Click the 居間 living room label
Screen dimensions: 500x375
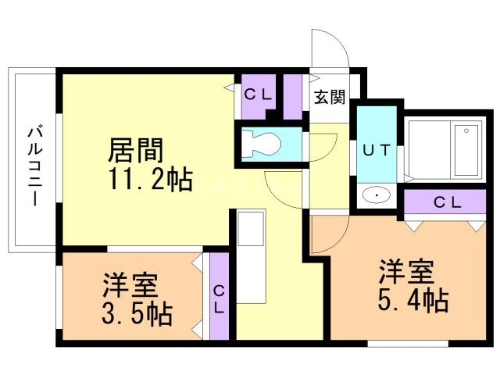[x=135, y=150]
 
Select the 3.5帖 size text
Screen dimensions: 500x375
[x=137, y=313]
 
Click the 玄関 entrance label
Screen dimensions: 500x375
[x=330, y=97]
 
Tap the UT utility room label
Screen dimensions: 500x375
[x=377, y=150]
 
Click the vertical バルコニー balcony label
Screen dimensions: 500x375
[x=35, y=166]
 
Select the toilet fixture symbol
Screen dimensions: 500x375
[x=261, y=144]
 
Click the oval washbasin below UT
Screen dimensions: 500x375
[x=377, y=195]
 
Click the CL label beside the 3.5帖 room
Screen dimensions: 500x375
[x=219, y=299]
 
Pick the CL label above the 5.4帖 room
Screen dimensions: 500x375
[x=448, y=202]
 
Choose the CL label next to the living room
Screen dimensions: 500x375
[x=258, y=95]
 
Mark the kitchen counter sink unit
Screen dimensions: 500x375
[x=252, y=256]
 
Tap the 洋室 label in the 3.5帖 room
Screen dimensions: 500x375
[x=130, y=285]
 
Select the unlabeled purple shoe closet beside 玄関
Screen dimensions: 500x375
[x=293, y=97]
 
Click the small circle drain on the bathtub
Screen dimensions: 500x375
[x=466, y=130]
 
